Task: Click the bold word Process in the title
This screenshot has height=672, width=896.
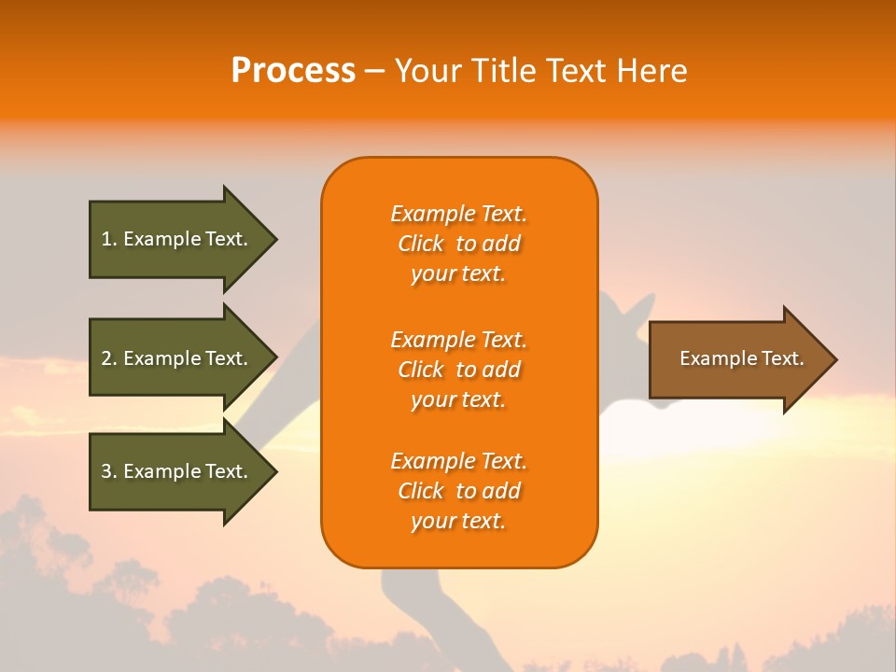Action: click(293, 71)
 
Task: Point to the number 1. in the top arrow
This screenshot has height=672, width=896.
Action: click(109, 240)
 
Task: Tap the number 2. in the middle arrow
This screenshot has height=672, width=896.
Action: click(109, 359)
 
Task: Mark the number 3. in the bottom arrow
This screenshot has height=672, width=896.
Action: click(109, 472)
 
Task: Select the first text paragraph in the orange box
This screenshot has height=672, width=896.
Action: click(458, 244)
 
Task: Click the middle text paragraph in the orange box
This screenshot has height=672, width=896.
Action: click(458, 370)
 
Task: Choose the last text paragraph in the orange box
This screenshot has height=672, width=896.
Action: click(458, 491)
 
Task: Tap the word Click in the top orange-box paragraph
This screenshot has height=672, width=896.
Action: click(421, 245)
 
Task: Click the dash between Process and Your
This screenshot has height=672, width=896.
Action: click(374, 72)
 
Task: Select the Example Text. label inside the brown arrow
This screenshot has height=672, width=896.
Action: click(741, 358)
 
